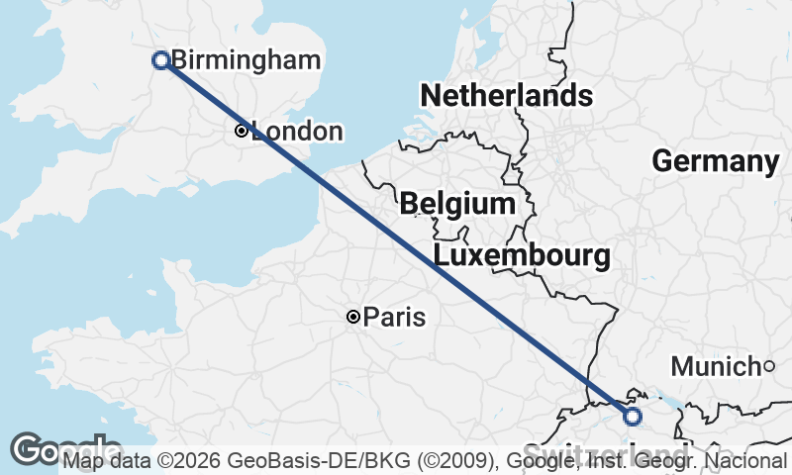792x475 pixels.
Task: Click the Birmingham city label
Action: pos(246,60)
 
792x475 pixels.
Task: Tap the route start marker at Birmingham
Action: pos(160,60)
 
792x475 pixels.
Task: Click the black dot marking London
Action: pos(241,131)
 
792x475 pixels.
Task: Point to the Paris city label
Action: pos(394,318)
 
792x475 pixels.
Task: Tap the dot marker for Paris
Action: pos(352,317)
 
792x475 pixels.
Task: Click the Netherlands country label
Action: pos(506,96)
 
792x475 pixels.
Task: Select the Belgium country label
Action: pos(457,205)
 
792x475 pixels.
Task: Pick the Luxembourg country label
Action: pos(522,256)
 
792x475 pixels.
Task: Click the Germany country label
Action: pos(716,161)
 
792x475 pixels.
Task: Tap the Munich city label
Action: pos(715,367)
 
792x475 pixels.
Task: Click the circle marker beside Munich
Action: pos(769,367)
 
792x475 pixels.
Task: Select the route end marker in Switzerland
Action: pos(633,417)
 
